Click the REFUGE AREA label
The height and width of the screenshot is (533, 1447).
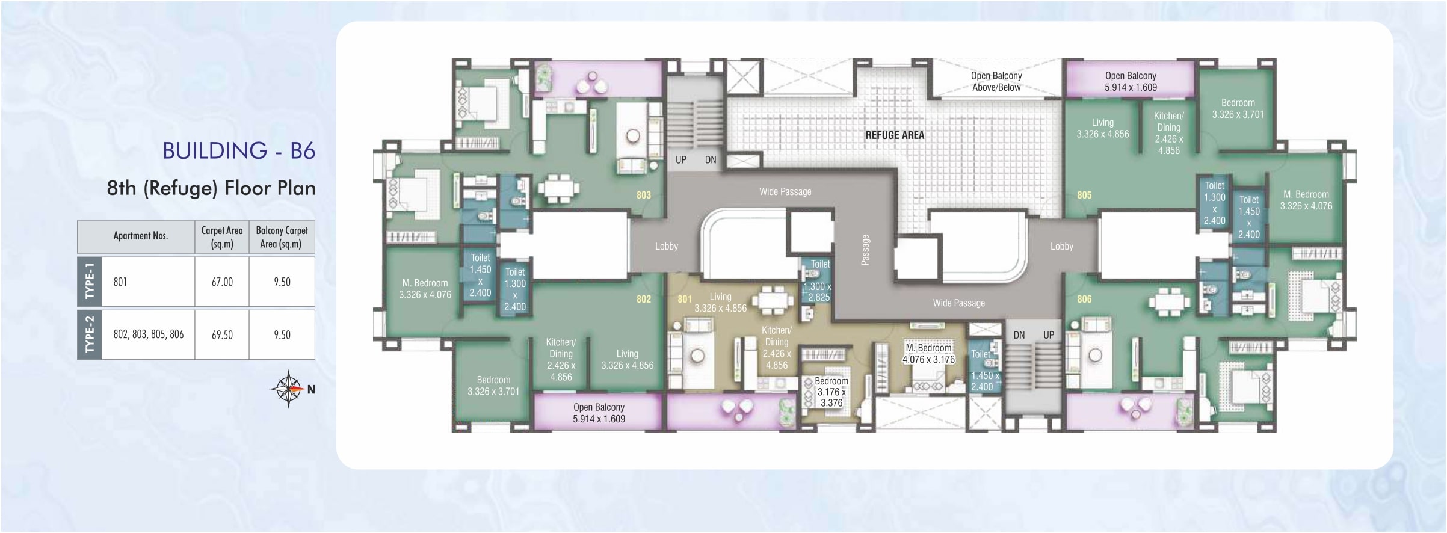[x=895, y=135]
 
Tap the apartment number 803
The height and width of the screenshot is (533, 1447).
[x=644, y=195]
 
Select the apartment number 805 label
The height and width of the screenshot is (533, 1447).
[x=1084, y=195]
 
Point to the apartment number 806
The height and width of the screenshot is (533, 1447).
[x=1084, y=299]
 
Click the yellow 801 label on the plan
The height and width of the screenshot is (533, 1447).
[x=685, y=299]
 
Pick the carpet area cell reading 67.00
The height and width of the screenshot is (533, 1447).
[x=222, y=282]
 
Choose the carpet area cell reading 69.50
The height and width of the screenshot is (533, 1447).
[x=222, y=334]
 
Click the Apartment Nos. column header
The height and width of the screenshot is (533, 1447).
[x=141, y=236]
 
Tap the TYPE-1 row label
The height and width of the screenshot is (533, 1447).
[x=90, y=282]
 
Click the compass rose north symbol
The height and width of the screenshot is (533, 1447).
[x=289, y=389]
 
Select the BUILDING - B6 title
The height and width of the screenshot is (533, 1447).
[x=239, y=150]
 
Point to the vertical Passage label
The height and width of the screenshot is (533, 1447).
[x=865, y=250]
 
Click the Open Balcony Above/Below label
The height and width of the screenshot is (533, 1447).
[x=996, y=81]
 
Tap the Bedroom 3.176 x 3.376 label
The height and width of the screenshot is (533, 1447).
[x=831, y=392]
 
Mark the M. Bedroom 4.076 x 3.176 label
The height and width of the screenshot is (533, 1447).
[x=928, y=354]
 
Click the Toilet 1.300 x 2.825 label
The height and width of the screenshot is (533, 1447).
[x=818, y=280]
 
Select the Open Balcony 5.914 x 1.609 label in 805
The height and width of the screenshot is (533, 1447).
[x=1131, y=81]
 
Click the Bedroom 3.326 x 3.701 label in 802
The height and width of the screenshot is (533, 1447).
[x=493, y=386]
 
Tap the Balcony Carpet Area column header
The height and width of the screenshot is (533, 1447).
[x=282, y=237]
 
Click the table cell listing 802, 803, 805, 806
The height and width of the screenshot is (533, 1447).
[x=149, y=334]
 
